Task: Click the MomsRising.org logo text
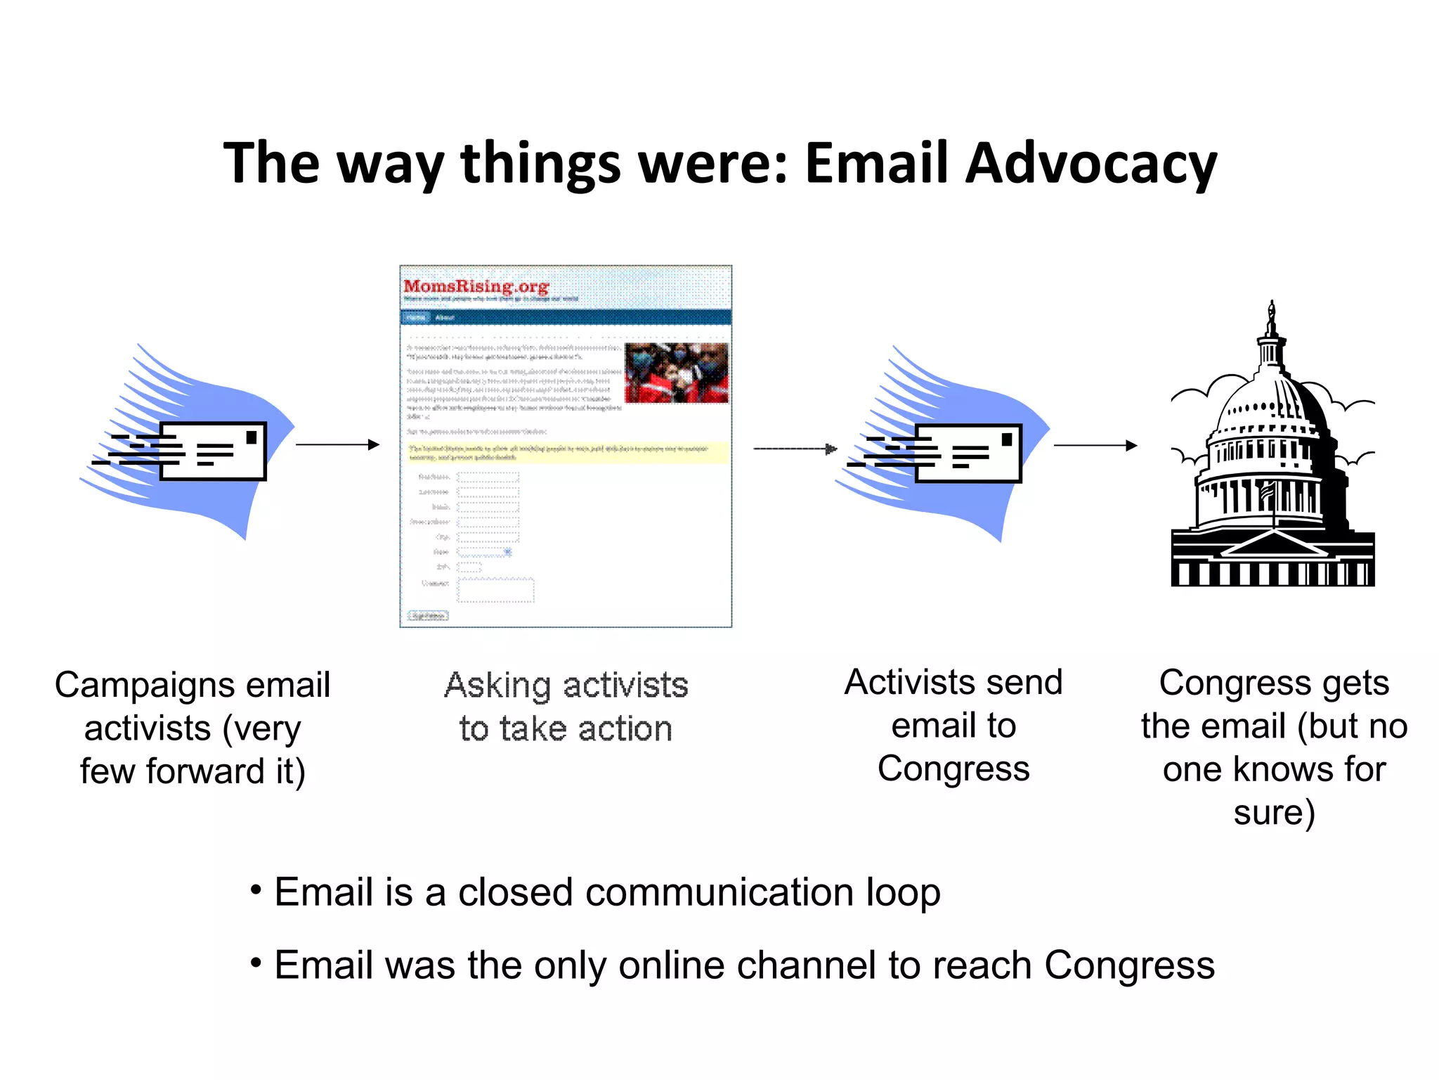click(x=476, y=286)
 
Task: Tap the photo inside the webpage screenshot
click(x=676, y=373)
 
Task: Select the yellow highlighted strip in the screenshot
click(x=566, y=452)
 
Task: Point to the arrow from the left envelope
click(x=337, y=444)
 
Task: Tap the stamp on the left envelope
click(x=252, y=437)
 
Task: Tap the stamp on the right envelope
click(x=1007, y=439)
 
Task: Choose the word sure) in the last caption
click(x=1274, y=813)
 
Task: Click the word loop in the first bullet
click(x=903, y=893)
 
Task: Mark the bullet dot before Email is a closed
click(x=256, y=890)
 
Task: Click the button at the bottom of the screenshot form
click(x=429, y=616)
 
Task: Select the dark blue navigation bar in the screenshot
click(x=566, y=317)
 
